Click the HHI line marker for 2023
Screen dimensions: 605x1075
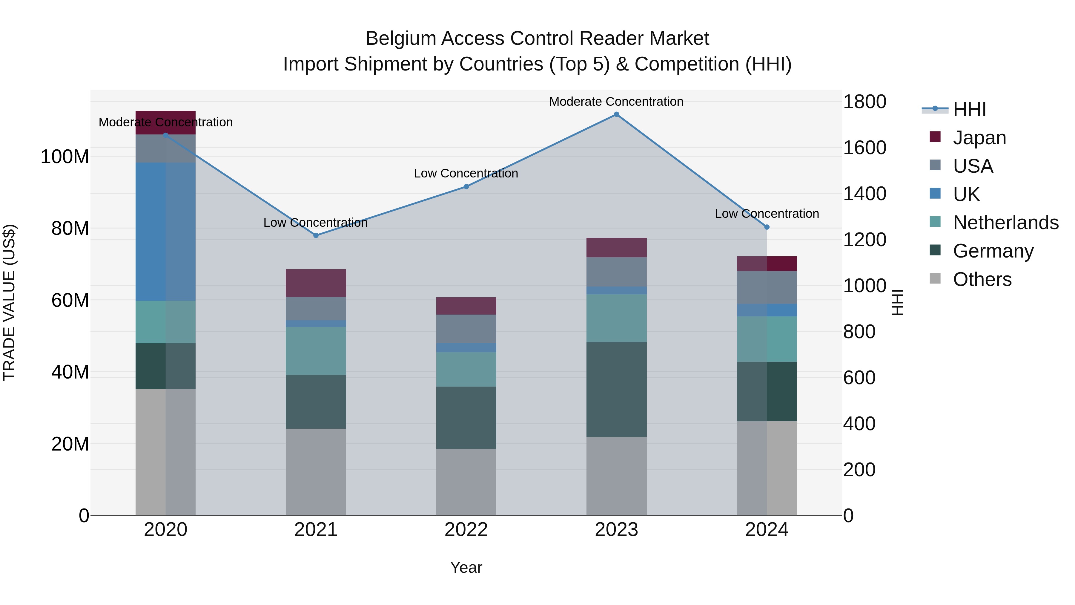coord(616,114)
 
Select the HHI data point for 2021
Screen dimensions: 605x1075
coord(316,235)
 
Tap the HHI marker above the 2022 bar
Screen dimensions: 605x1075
coord(466,187)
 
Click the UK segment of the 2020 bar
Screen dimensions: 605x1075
coord(166,232)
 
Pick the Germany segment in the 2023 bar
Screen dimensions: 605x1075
coord(616,390)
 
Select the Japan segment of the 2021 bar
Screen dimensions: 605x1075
coord(316,283)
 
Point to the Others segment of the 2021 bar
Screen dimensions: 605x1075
coord(316,472)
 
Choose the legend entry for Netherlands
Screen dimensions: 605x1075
coord(1006,223)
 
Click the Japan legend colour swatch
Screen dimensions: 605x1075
coord(935,137)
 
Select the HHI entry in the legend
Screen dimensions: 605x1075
coord(969,109)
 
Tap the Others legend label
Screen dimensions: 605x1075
coord(982,279)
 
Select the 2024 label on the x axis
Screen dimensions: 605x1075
coord(767,530)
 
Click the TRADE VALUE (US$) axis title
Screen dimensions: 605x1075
coord(9,302)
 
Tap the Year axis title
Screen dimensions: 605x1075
coord(466,567)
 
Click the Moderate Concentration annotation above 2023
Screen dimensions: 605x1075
coord(616,102)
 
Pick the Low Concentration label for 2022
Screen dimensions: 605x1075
coord(466,173)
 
